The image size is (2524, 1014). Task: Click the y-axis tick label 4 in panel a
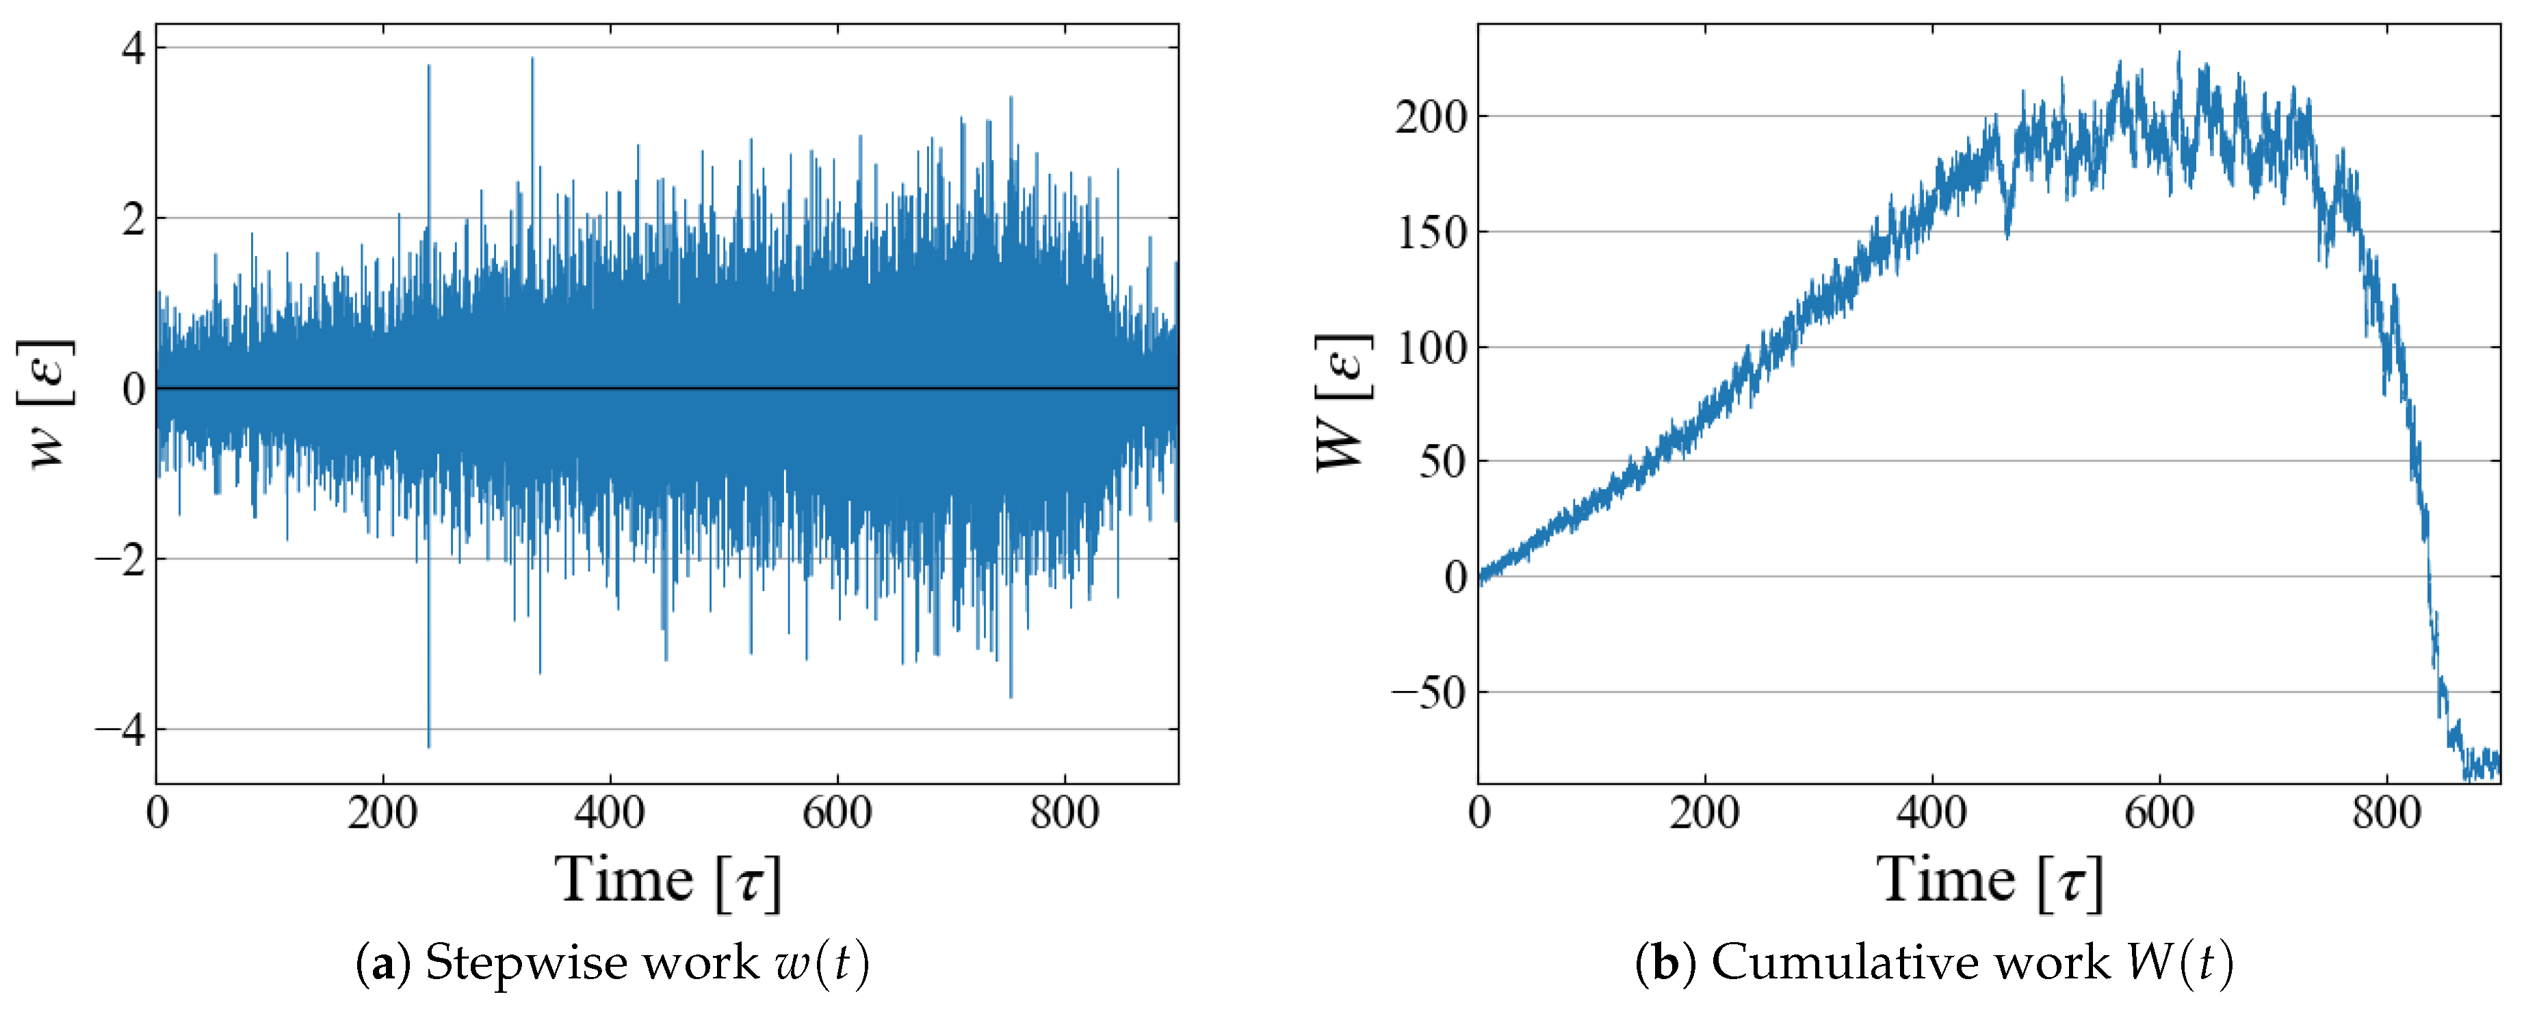coord(133,47)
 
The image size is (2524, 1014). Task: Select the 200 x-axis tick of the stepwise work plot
coord(382,813)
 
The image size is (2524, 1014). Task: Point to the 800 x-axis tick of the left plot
coord(1064,813)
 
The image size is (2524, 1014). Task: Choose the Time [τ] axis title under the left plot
coord(668,881)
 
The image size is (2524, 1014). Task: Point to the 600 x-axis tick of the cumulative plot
coord(2159,813)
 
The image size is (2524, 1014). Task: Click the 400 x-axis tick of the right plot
coord(1931,813)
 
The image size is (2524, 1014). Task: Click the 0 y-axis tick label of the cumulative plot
coord(1456,577)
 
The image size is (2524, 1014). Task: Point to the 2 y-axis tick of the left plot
coord(133,218)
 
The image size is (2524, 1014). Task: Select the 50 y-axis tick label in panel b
coord(1442,461)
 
